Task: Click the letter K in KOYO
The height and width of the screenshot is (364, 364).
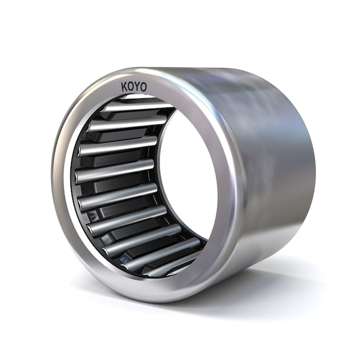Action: tap(125, 88)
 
